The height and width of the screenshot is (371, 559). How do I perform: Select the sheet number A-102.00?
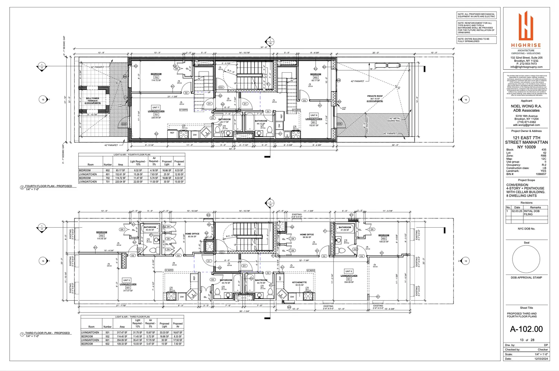(526, 329)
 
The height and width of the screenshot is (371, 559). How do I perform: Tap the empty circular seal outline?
(526, 259)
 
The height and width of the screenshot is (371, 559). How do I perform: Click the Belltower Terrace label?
(92, 100)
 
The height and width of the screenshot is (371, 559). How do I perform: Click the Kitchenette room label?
(299, 283)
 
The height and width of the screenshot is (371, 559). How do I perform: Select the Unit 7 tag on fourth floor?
(155, 107)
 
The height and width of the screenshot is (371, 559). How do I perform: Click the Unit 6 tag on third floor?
(348, 271)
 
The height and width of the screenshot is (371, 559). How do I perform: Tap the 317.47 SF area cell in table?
(122, 333)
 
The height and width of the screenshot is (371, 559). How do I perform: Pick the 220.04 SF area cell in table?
(120, 182)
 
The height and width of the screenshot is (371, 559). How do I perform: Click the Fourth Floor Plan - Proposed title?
(48, 186)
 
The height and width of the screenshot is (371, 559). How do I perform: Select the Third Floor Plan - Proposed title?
(47, 333)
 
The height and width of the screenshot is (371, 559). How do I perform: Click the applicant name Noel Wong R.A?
(526, 106)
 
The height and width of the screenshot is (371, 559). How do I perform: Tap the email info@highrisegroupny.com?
(526, 67)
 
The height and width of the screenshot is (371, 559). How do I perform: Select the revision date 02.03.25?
(517, 211)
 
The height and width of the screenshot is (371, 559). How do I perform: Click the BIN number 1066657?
(541, 174)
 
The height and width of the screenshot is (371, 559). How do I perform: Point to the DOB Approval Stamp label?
(526, 278)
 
